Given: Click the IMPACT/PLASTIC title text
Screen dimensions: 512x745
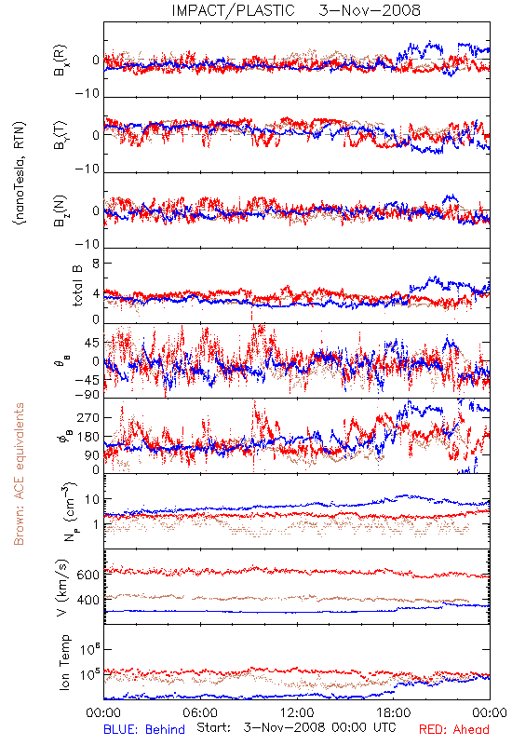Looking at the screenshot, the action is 234,10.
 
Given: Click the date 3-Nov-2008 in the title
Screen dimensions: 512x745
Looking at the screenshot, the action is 370,10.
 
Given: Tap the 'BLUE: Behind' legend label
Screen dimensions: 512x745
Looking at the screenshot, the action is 144,729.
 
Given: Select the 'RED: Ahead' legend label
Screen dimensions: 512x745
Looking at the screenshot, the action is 453,729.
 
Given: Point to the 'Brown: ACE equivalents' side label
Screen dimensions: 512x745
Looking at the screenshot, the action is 19,474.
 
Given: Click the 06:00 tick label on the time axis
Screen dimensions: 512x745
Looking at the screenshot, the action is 200,712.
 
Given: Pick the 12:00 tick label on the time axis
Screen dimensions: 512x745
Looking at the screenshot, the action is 297,712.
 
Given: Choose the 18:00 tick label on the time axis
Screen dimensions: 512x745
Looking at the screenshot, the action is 394,712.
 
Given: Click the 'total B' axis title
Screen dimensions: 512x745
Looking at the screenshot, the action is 77,286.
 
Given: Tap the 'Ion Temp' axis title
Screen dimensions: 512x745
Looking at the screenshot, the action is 64,662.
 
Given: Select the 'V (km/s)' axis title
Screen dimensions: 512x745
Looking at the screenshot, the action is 62,588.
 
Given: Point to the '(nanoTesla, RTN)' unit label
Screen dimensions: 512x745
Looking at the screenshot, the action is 20,173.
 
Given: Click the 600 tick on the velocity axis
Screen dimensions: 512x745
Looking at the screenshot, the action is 88,575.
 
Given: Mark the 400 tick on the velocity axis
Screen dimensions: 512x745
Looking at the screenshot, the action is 88,600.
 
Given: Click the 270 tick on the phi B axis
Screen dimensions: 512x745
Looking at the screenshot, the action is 88,417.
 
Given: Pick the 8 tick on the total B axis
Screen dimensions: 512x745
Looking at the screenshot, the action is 96,264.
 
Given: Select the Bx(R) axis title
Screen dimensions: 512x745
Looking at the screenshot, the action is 61,61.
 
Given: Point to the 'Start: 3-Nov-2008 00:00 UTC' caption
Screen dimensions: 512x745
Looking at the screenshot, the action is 296,727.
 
